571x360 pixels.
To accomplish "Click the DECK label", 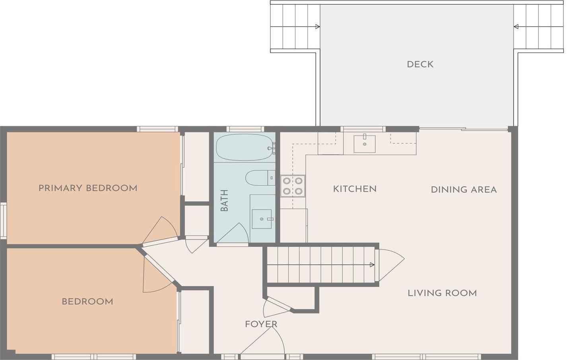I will tap(420, 64).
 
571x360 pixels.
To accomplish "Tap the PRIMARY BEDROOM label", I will tap(88, 188).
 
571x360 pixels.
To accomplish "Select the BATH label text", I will tap(224, 200).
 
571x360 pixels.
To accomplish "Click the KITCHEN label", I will tap(355, 189).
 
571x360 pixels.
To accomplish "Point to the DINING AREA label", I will tap(464, 190).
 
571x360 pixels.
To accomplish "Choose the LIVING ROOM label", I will tap(442, 293).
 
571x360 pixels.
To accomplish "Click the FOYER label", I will tap(261, 324).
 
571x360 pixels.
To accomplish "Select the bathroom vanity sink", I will tap(262, 219).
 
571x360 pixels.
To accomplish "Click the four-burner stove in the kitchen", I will tap(293, 186).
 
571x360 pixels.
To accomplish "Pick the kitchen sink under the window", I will tap(364, 143).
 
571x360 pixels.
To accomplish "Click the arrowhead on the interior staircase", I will tap(372, 265).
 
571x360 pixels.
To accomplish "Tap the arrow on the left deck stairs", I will tap(317, 27).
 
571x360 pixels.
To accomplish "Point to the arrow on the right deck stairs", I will tap(516, 27).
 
